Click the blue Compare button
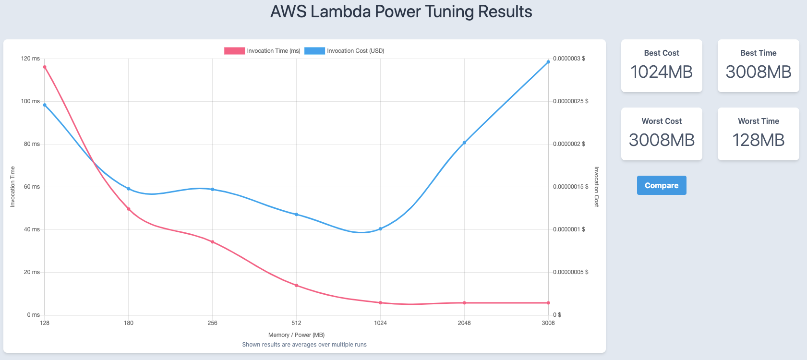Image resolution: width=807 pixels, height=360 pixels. point(662,185)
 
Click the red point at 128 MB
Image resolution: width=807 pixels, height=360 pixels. point(45,67)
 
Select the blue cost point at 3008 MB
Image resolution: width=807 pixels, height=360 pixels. point(548,62)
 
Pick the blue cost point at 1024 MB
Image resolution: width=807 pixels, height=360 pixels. point(380,229)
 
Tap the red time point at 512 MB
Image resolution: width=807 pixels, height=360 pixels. point(297,286)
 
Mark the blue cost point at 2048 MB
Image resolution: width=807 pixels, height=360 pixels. point(464,143)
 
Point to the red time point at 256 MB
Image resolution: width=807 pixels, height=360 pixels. point(213,242)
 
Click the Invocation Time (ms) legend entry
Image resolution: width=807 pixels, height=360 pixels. point(262,51)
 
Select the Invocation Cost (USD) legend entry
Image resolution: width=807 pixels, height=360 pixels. point(344,51)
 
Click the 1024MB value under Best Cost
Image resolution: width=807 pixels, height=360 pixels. point(662,72)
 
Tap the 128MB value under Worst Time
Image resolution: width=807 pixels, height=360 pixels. point(759,140)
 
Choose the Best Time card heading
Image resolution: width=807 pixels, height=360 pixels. point(759,53)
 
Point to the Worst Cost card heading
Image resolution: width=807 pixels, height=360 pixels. point(662,121)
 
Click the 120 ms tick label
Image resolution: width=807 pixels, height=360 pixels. point(31,59)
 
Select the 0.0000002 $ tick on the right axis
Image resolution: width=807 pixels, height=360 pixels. point(569,144)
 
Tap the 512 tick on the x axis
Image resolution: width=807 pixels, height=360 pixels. point(297,323)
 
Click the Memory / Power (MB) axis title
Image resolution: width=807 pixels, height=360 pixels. point(297,335)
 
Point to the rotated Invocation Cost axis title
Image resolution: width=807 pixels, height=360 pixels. point(596,187)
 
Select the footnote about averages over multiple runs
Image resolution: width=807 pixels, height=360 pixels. point(304,345)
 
